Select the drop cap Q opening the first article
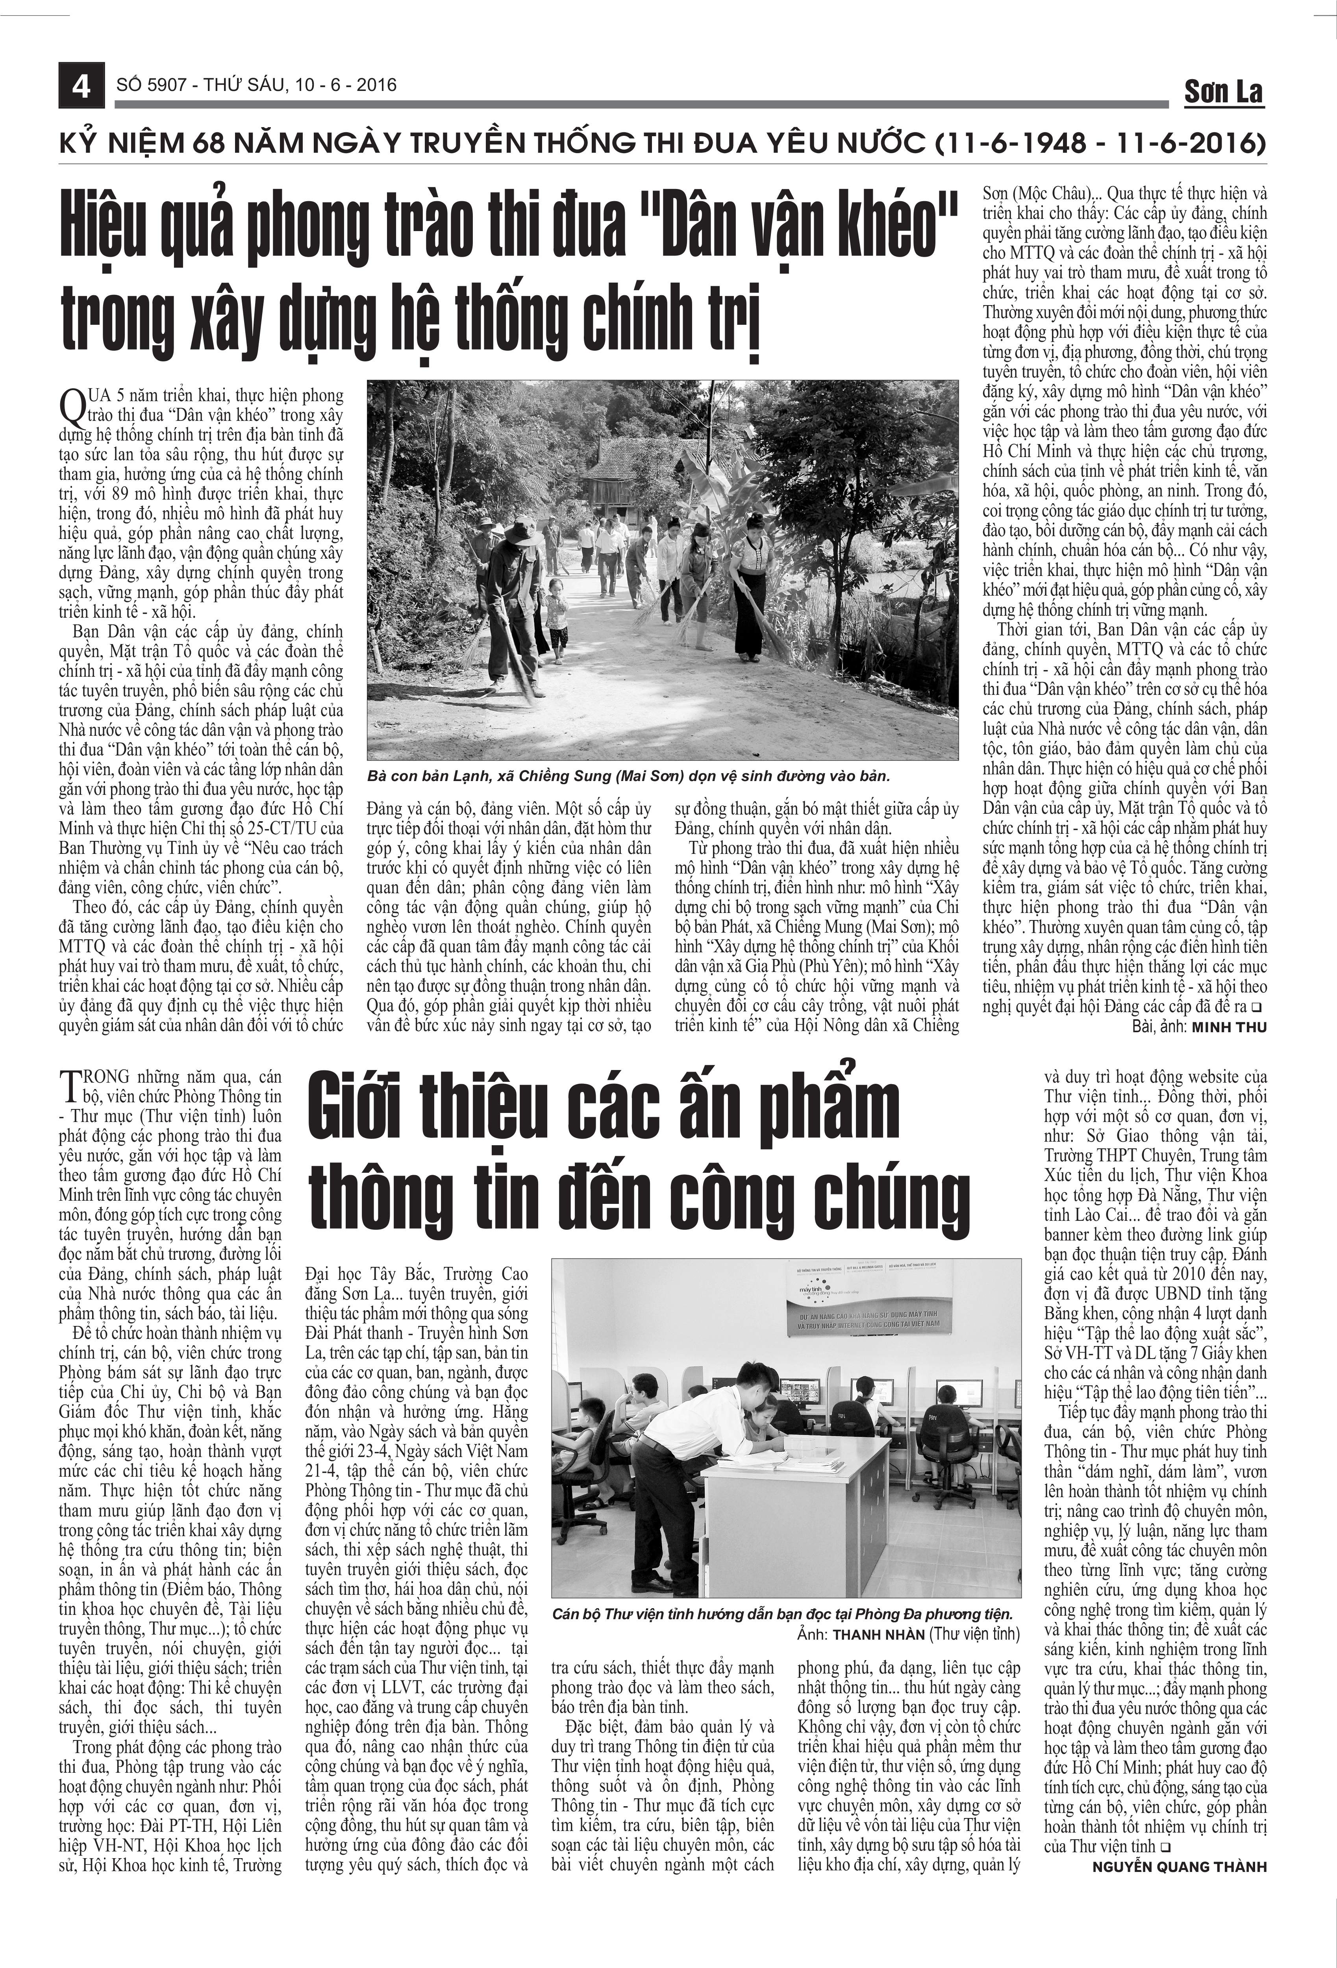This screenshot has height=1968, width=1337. [x=73, y=406]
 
